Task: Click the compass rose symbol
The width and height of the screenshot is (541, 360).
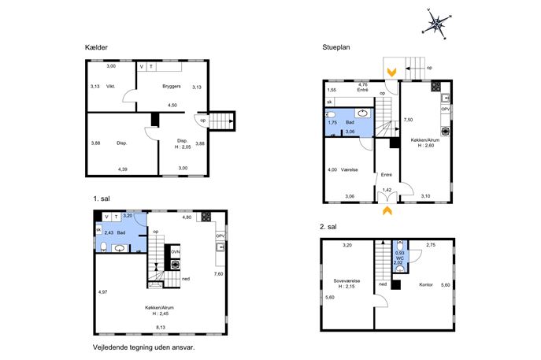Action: tap(437, 24)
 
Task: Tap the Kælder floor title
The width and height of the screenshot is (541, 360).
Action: tap(96, 47)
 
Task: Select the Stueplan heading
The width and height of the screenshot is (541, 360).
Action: tap(336, 47)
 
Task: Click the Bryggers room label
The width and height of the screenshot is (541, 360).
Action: tap(172, 87)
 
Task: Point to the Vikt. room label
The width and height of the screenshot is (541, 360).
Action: tap(110, 87)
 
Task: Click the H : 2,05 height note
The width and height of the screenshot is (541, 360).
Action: tap(183, 147)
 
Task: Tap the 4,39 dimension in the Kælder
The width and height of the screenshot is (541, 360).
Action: tap(123, 169)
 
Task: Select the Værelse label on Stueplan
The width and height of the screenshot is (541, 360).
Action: tap(349, 170)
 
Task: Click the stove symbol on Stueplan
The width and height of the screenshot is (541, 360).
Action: tap(436, 86)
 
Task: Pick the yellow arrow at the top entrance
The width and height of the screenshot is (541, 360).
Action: tap(391, 72)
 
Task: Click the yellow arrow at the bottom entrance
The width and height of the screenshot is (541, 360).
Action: tap(387, 210)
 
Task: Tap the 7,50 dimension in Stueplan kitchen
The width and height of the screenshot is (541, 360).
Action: tap(408, 120)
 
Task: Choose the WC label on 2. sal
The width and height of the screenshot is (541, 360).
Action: tap(400, 258)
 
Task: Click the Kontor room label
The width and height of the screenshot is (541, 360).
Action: tap(426, 284)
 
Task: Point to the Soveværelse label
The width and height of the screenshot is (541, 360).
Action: tap(346, 281)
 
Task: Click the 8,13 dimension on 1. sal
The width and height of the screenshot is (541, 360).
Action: tap(161, 327)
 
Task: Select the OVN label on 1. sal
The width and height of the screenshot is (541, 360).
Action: tap(176, 252)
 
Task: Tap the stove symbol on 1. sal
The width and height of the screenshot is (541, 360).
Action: tap(206, 217)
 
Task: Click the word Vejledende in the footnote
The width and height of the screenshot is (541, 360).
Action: tap(109, 347)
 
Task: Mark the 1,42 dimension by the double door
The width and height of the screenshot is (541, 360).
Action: tap(387, 190)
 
